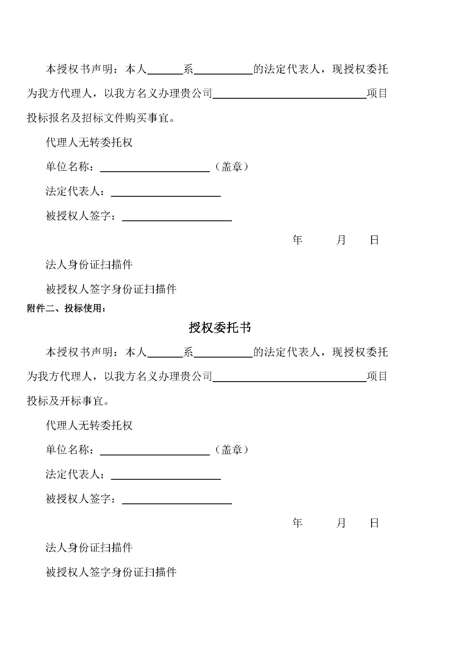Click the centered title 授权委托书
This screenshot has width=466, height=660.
220,328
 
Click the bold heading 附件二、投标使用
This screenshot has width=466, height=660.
66,309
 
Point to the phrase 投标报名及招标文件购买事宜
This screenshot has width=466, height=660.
101,118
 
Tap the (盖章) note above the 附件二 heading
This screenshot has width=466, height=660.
232,167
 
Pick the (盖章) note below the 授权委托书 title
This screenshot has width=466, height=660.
232,450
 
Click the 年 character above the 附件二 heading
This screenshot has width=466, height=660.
297,240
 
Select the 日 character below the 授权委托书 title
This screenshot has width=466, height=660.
374,523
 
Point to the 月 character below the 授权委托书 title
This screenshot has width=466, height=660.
341,523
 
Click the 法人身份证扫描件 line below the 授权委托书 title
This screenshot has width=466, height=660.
89,548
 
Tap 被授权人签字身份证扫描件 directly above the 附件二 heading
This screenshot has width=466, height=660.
111,289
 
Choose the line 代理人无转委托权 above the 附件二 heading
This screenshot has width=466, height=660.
89,143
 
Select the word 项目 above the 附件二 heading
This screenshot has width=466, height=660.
377,94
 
